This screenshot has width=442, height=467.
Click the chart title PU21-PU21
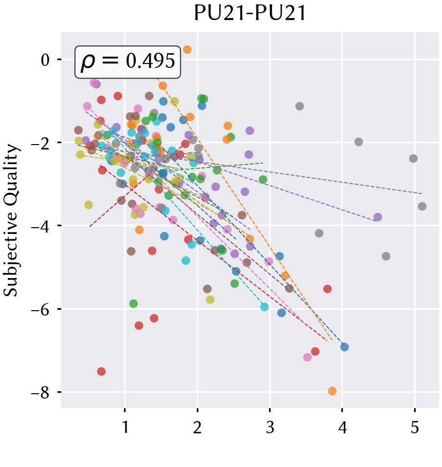[250, 13]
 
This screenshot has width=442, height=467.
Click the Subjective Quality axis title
[11, 220]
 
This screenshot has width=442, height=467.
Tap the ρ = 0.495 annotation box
[128, 62]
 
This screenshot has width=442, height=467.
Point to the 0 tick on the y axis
[45, 60]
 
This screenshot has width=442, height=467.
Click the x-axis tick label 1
[125, 427]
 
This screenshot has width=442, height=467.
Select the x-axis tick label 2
[197, 427]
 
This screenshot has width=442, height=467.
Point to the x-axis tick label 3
[270, 427]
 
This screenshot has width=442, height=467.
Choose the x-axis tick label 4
[342, 427]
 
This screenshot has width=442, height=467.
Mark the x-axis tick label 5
[415, 427]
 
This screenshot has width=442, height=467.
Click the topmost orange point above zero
[187, 49]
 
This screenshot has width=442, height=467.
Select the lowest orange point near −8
[332, 391]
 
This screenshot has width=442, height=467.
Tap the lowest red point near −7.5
[101, 371]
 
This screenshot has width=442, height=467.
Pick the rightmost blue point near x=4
[344, 347]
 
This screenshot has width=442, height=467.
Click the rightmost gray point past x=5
[422, 206]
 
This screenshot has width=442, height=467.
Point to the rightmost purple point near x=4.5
[378, 217]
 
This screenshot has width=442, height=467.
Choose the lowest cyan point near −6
[264, 307]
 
